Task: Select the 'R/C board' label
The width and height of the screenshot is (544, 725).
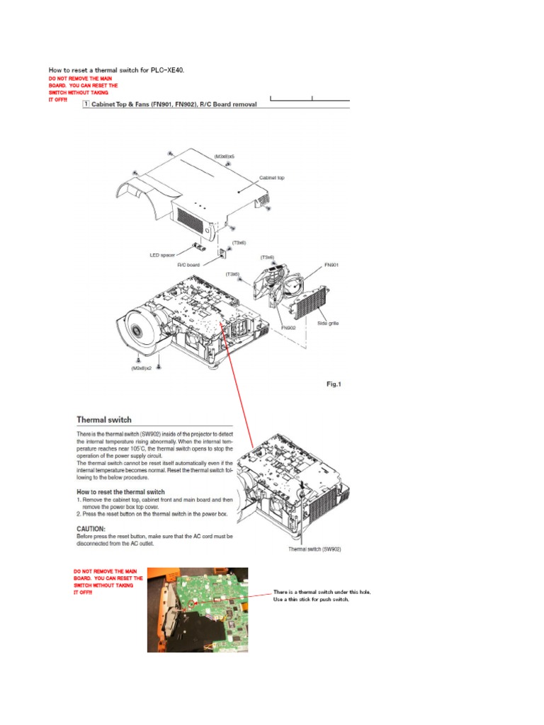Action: point(188,264)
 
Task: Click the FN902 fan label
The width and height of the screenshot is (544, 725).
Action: point(289,329)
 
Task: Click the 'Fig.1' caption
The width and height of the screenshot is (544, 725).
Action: point(332,384)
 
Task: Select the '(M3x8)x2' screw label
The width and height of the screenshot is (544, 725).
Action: point(141,368)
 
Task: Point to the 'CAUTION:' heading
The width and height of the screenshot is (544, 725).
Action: point(93,528)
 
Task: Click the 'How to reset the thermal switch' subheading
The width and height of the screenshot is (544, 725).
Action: point(120,491)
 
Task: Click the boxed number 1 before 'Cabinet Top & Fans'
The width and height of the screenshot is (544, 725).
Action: point(86,104)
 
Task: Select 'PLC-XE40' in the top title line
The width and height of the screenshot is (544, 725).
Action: point(174,70)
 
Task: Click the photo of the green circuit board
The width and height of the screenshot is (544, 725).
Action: point(198,609)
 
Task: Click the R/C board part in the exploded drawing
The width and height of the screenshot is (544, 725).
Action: point(220,253)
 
